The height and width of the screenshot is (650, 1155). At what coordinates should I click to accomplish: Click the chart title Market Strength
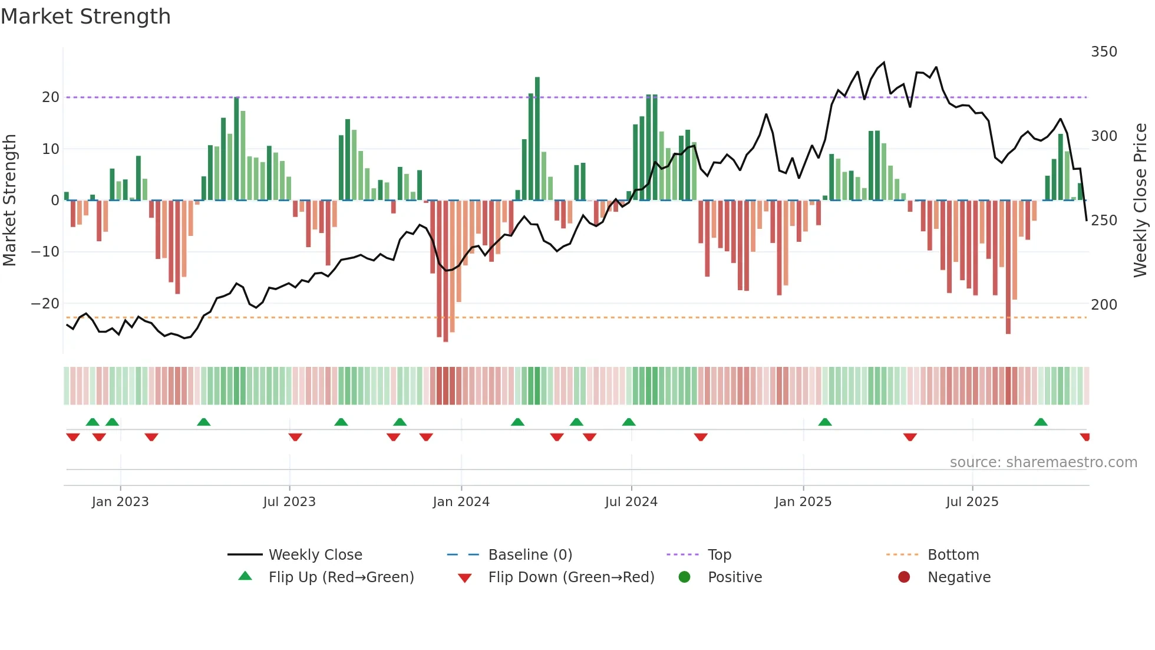coord(85,17)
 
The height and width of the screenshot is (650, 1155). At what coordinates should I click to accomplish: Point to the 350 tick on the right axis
coord(1103,52)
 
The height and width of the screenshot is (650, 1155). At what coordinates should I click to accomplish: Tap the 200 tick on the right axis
coord(1103,305)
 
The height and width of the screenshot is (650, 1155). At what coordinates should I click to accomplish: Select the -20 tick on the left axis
coord(45,304)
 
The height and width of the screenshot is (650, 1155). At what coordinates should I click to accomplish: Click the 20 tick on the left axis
coord(51,97)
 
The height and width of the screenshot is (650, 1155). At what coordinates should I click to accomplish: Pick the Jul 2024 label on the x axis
coord(631,502)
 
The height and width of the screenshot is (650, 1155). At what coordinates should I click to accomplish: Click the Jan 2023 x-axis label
coord(120,502)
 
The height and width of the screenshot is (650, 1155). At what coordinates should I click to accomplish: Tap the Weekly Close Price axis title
coord(1140,201)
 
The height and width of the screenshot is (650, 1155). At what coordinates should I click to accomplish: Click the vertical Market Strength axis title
coord(9,201)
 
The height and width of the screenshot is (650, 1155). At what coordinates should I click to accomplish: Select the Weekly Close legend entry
coord(315,555)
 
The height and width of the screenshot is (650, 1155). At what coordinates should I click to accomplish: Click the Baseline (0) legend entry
coord(530,555)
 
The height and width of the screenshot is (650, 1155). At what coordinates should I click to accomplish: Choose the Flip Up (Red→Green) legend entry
coord(341,577)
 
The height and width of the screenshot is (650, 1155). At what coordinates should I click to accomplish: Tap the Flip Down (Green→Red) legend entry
coord(571,577)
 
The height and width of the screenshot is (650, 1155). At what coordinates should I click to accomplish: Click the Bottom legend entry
coord(953,555)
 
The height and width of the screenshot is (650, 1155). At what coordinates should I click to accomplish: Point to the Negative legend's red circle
coord(904,577)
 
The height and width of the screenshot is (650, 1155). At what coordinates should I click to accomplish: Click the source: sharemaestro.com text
coord(1043,462)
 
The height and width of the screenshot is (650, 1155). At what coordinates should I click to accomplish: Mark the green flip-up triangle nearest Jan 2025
coord(825,422)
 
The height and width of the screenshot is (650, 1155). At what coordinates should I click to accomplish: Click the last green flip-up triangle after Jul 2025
coord(1041,422)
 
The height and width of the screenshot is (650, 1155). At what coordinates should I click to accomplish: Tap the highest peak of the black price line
coord(884,63)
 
